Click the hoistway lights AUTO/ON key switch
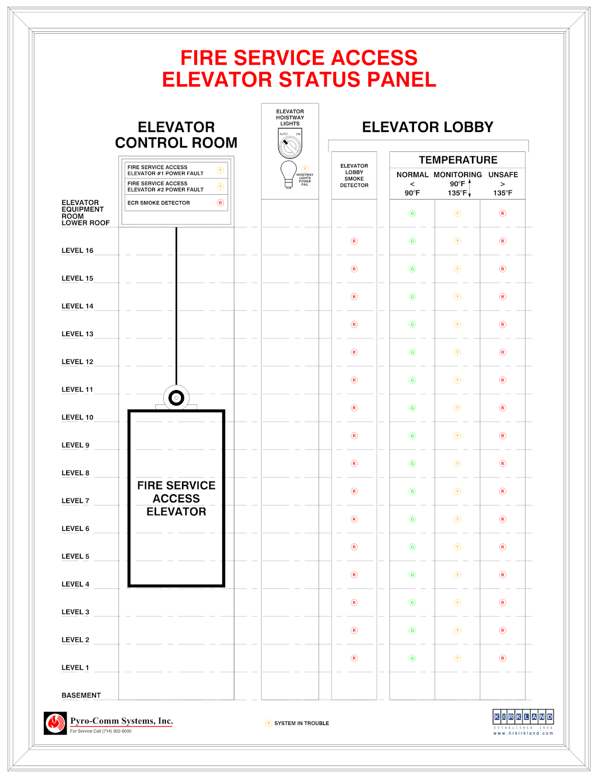click(x=290, y=145)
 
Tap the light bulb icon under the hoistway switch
click(x=288, y=173)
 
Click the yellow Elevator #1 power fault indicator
click(x=220, y=170)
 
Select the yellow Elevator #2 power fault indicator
click(x=220, y=186)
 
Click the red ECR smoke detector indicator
click(x=220, y=203)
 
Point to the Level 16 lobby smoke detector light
click(x=354, y=241)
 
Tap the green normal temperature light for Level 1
click(x=412, y=658)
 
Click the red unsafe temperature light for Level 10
click(x=503, y=408)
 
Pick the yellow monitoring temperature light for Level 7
click(x=457, y=491)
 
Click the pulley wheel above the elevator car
click(x=176, y=398)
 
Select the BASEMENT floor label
click(x=81, y=695)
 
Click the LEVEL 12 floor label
click(x=77, y=362)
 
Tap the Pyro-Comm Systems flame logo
click(x=55, y=723)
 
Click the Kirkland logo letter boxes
click(x=523, y=717)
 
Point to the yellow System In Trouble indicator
click(x=269, y=723)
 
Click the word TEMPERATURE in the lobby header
click(x=458, y=160)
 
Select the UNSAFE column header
click(x=503, y=175)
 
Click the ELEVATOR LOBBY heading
click(x=428, y=127)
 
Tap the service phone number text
click(x=101, y=731)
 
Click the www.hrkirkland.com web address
click(x=523, y=733)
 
